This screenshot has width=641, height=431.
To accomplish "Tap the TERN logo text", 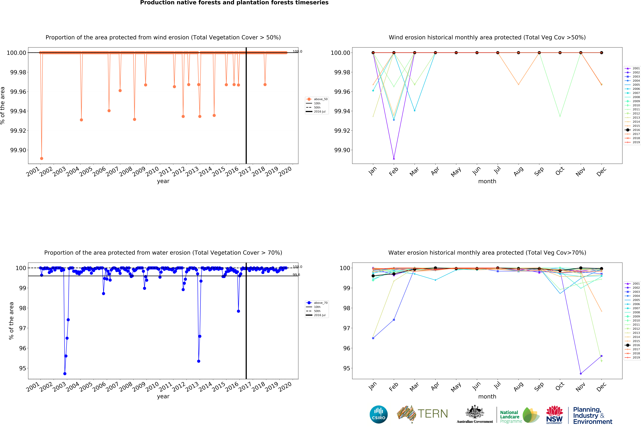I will click(433, 414).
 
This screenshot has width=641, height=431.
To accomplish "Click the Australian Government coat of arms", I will click(475, 412).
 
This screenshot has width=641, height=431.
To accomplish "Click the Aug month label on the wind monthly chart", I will click(518, 172).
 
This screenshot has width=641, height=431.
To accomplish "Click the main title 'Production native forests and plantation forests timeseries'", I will click(234, 3).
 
